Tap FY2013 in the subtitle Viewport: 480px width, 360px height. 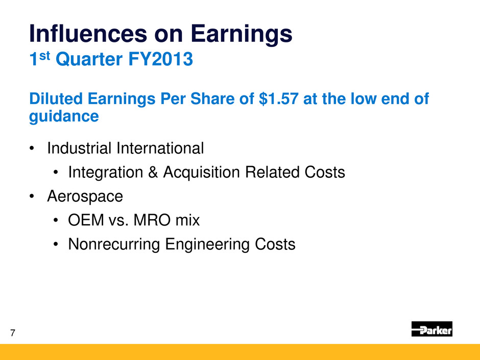[160, 59]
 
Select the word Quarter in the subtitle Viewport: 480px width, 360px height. [89, 59]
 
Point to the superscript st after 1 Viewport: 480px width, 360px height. [45, 56]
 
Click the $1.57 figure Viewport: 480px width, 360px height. [279, 99]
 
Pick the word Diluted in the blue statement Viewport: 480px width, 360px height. [56, 99]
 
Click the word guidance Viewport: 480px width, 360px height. [64, 116]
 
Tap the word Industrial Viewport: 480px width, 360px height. [79, 148]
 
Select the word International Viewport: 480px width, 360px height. [160, 148]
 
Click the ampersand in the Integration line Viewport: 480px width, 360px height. [153, 172]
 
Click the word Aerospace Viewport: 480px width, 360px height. [85, 197]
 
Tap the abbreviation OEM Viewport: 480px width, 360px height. [86, 220]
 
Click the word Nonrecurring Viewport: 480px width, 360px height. [114, 244]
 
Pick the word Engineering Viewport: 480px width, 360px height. [207, 245]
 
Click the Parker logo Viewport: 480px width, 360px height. [431, 329]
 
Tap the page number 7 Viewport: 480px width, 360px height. [13, 333]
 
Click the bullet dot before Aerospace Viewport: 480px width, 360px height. [32, 197]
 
